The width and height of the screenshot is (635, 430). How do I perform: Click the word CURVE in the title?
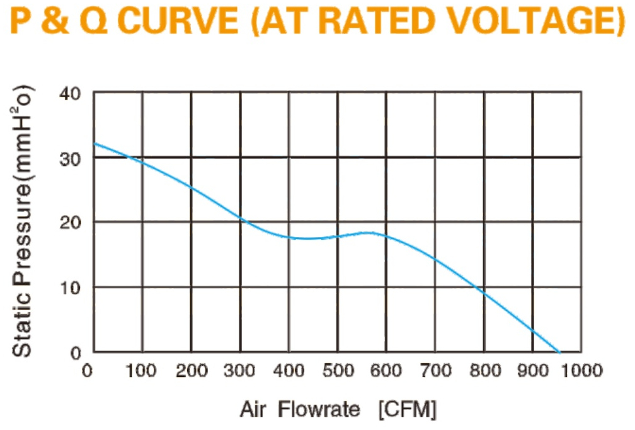180,20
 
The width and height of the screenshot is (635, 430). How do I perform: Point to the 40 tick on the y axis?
71,94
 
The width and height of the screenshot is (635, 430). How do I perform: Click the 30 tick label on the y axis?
71,160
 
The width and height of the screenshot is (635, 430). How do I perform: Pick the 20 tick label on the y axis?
71,223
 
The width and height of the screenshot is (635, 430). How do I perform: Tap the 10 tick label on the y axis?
71,288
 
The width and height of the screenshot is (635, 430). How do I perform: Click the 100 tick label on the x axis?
140,371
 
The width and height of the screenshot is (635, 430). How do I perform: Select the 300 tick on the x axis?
239,371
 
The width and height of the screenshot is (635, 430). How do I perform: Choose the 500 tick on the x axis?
338,371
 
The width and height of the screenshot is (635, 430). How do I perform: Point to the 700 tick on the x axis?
436,371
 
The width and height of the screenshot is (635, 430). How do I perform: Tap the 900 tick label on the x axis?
534,371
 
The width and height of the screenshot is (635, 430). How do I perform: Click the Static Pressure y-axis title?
22,221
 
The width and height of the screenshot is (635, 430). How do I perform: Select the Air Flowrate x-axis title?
300,409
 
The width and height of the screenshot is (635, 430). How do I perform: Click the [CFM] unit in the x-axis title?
408,409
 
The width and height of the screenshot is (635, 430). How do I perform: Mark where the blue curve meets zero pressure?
559,352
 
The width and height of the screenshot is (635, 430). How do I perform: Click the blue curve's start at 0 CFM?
94,144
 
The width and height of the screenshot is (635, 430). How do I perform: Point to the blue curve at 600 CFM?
386,236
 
